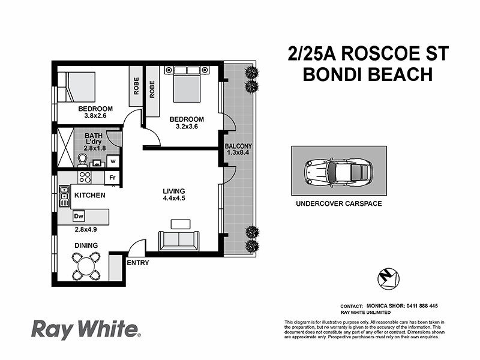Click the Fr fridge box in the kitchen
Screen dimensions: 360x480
[x=113, y=178]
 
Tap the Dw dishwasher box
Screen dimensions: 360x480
[x=79, y=216]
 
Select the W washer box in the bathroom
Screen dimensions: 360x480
[x=113, y=161]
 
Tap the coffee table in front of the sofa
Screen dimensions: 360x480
[x=180, y=224]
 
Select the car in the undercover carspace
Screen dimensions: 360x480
[x=336, y=171]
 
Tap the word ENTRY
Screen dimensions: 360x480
[x=138, y=263]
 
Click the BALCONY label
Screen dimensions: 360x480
[x=238, y=146]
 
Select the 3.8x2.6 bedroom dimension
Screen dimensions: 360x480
[x=95, y=117]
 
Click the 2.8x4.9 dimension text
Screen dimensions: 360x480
[x=86, y=229]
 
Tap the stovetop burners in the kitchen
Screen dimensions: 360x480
[x=85, y=178]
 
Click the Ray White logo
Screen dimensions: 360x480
[x=86, y=329]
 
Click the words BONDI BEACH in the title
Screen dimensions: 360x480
[x=368, y=74]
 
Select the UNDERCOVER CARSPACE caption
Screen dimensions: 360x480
[x=338, y=204]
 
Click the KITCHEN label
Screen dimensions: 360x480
[x=90, y=196]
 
